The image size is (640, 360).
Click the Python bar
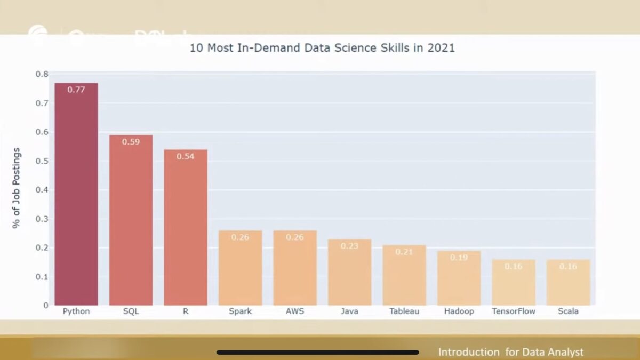click(76, 194)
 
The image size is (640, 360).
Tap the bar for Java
click(349, 272)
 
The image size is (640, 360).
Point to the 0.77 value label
click(76, 90)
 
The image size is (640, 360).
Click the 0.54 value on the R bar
click(185, 156)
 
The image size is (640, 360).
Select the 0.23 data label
click(349, 246)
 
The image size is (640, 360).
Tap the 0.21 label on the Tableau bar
click(404, 252)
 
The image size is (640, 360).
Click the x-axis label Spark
click(240, 311)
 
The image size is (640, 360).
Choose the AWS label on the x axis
click(294, 311)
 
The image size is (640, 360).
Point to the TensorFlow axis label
click(513, 311)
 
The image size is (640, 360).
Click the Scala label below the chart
click(568, 311)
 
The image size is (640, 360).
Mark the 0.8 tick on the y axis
click(42, 74)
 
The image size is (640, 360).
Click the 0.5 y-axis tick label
click(42, 161)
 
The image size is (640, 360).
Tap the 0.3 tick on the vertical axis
click(42, 219)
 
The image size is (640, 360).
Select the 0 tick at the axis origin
click(45, 306)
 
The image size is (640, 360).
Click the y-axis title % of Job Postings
click(17, 188)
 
